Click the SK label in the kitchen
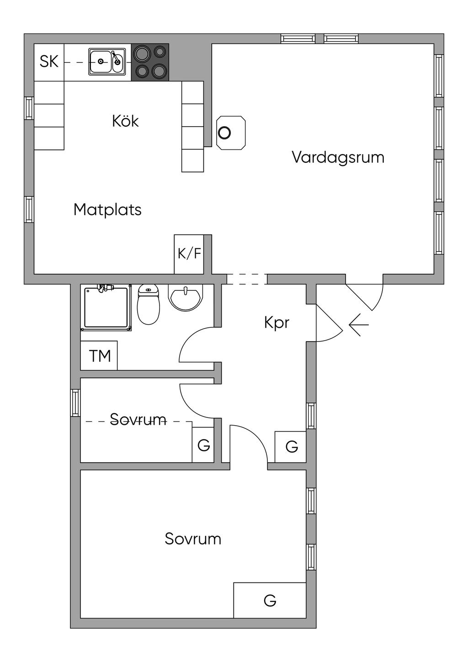49,61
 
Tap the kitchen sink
107,62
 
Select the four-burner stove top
150,62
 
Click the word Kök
125,121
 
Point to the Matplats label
107,210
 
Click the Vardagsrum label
338,157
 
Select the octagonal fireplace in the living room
231,133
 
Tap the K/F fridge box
189,254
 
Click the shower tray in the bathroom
106,307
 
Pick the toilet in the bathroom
148,304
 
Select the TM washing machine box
99,356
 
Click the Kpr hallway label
277,323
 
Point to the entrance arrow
358,325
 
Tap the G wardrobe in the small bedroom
203,445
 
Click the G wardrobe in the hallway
291,447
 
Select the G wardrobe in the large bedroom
270,600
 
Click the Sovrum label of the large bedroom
193,539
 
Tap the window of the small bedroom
75,403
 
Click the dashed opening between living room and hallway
247,279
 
